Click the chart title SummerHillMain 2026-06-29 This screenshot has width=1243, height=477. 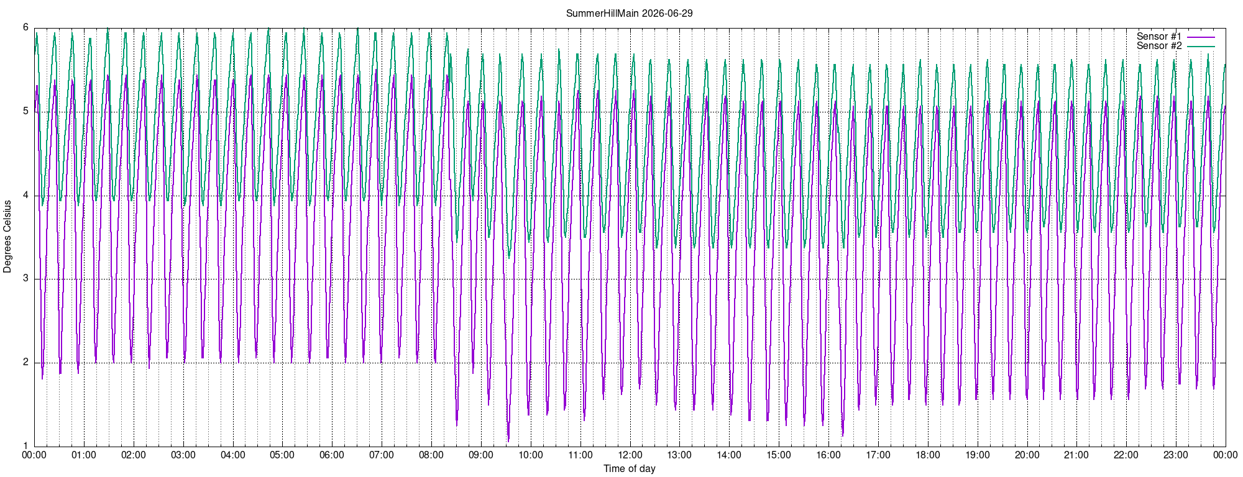[629, 13]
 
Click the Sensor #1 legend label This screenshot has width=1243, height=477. [1159, 37]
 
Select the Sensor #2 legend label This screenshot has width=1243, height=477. [1159, 46]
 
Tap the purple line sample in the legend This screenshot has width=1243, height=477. [1201, 37]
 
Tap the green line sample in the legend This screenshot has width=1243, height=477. [1201, 47]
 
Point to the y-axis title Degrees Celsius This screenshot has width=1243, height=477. [7, 237]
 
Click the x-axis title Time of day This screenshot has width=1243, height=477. [629, 468]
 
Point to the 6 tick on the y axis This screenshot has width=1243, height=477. [25, 27]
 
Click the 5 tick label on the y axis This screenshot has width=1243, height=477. [25, 111]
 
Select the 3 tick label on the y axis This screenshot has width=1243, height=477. [25, 278]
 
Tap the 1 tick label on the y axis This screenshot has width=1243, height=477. [25, 445]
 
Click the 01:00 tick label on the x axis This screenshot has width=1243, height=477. [84, 455]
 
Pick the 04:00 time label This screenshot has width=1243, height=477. [233, 455]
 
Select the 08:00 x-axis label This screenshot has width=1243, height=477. [431, 455]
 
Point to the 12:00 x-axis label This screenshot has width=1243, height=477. [630, 455]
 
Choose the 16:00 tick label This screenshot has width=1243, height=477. [828, 455]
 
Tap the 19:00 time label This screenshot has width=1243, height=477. [977, 455]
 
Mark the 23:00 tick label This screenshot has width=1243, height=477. [1176, 455]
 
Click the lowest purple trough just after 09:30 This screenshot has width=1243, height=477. [508, 441]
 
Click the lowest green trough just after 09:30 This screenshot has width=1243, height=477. [509, 258]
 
